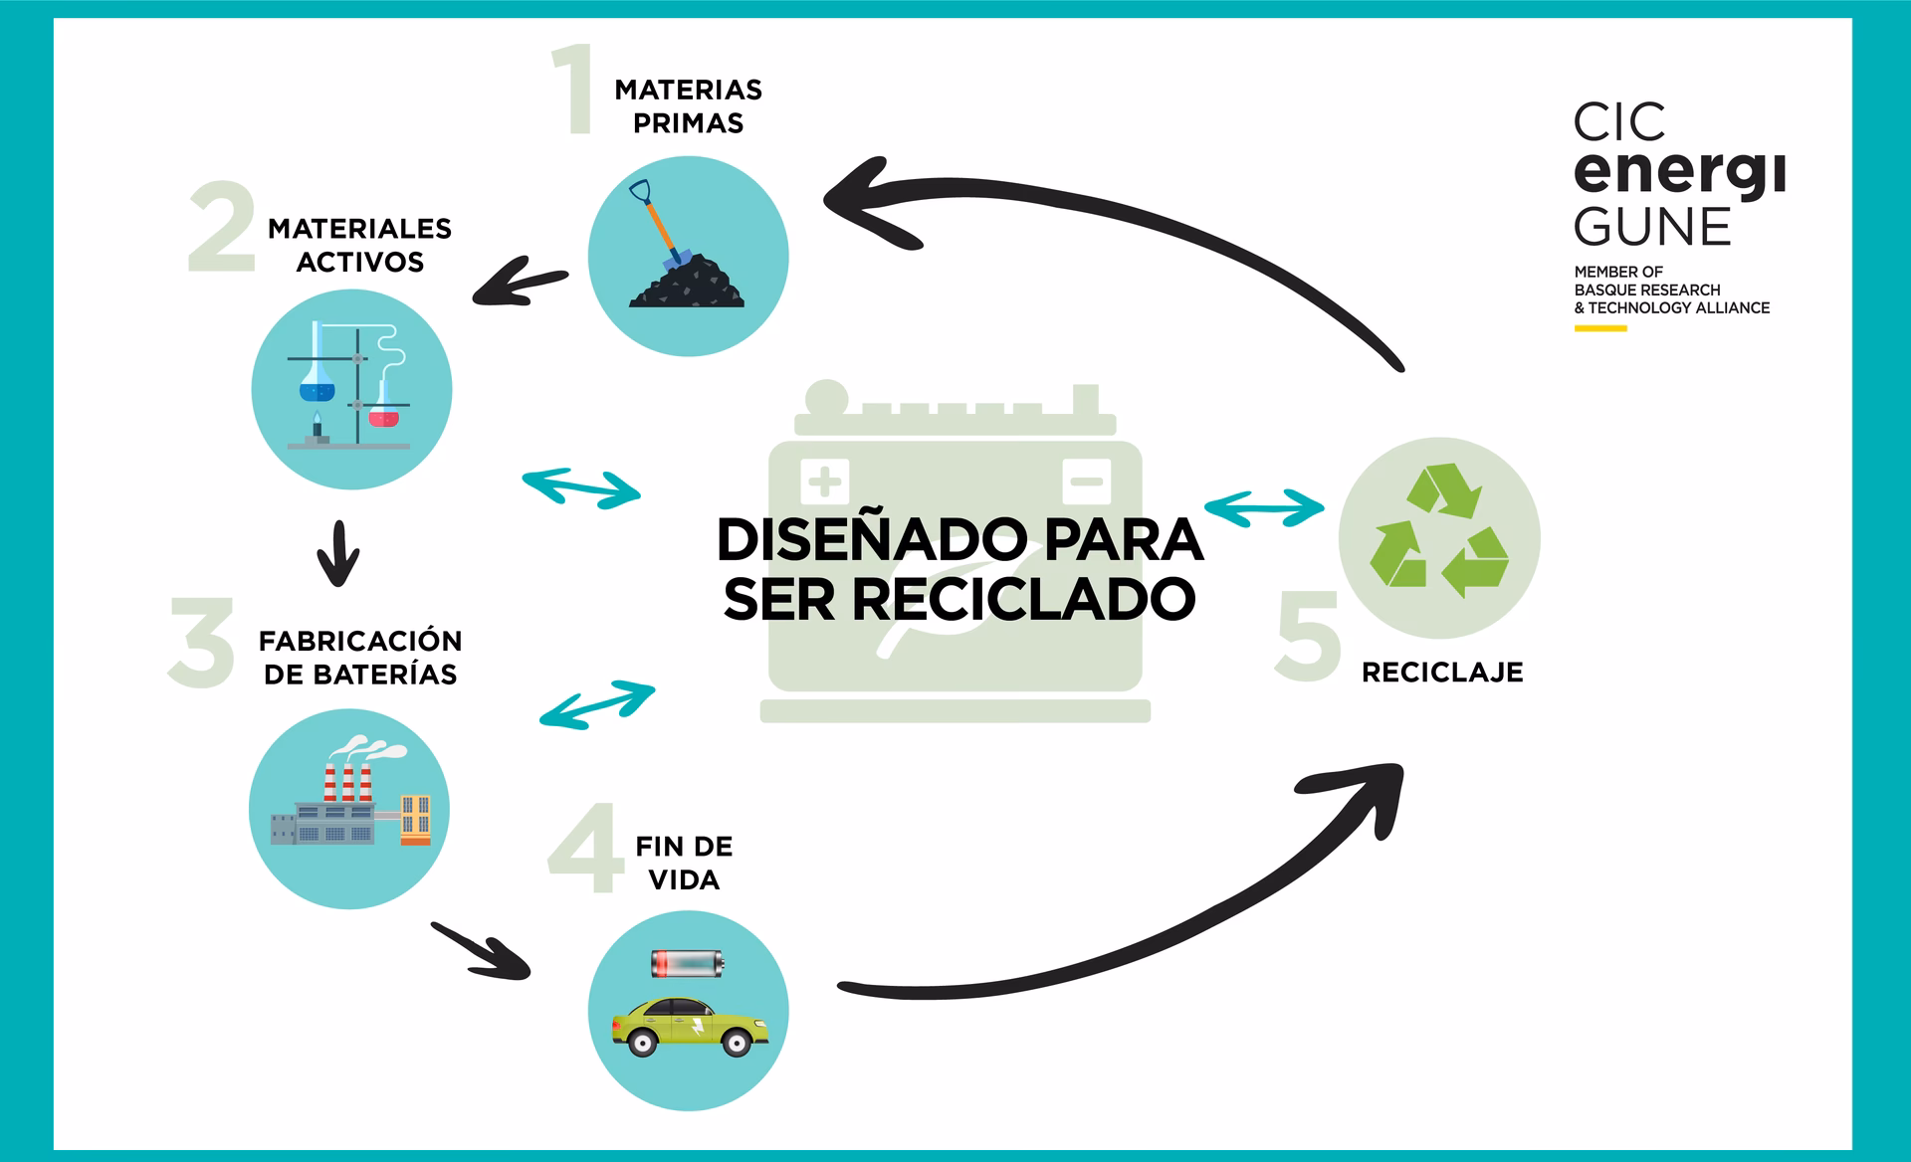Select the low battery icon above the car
687,963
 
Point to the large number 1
573,90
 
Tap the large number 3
202,643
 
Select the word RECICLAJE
1441,673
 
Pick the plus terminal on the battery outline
824,483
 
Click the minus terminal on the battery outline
1086,483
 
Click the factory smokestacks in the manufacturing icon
347,781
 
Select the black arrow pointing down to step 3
337,554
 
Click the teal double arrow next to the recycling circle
1264,506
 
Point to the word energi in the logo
1678,172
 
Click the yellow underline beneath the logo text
1599,328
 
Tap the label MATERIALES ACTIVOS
359,245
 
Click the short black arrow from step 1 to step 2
520,283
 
